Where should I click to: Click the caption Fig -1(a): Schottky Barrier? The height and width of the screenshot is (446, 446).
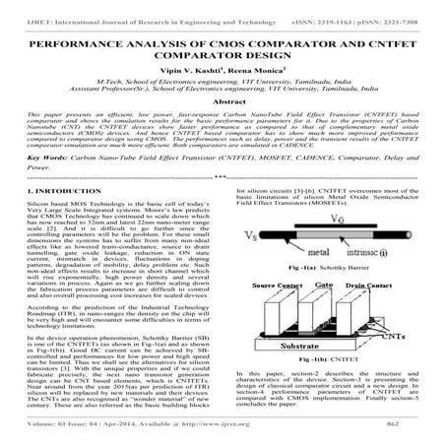[329, 268]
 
